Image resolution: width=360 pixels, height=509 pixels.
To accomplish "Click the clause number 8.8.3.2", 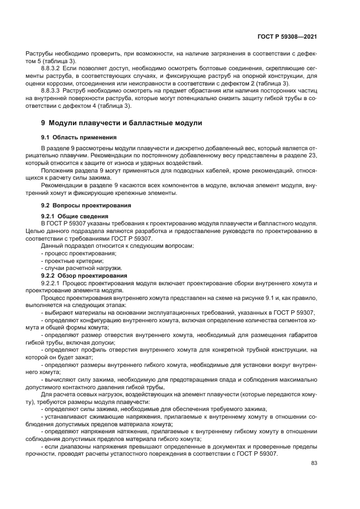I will click(53, 69).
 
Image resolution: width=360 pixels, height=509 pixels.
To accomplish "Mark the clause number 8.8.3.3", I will click(53, 90).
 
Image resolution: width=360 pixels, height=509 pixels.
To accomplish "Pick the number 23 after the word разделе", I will click(311, 156).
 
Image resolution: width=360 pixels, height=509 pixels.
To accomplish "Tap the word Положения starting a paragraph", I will click(55, 170).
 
